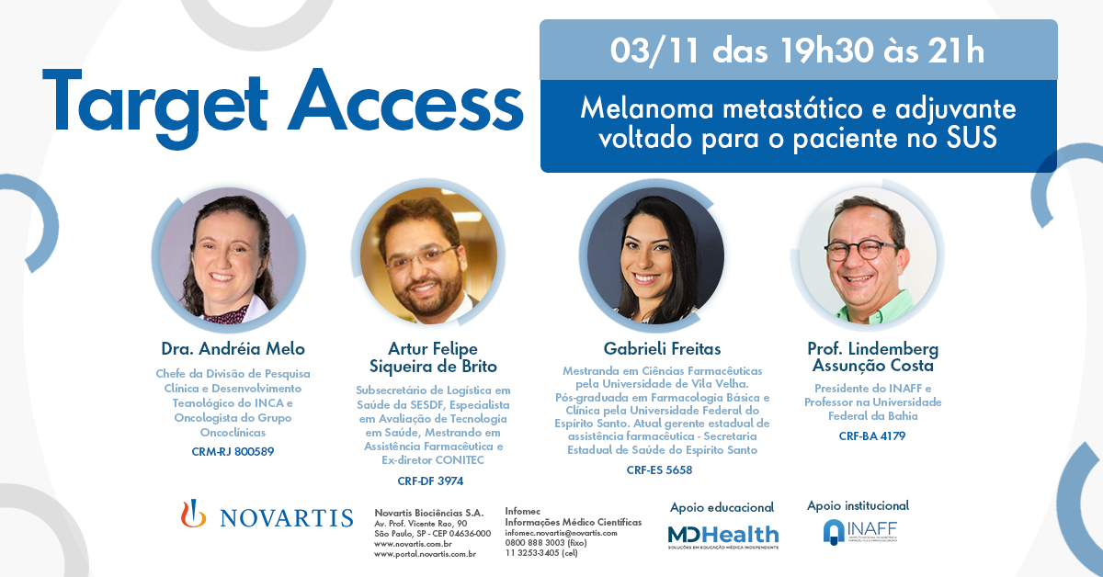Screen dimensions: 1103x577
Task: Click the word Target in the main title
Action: pos(155,107)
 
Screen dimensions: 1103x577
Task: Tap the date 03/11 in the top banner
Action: pos(654,51)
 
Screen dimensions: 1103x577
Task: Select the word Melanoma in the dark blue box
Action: pos(647,108)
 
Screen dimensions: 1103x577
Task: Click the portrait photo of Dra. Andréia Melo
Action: pos(229,256)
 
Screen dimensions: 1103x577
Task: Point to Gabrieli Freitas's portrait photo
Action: pos(655,256)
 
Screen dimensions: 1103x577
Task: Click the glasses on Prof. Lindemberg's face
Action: pos(865,250)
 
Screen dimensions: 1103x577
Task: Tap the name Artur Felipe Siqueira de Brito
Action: pos(433,357)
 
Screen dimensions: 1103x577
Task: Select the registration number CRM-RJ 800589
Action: pos(233,451)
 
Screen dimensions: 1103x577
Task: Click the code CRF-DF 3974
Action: pos(430,481)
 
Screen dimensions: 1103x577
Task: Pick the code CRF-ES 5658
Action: pos(659,470)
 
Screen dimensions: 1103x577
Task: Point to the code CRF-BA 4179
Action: pos(872,436)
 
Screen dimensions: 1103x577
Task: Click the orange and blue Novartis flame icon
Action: pos(193,514)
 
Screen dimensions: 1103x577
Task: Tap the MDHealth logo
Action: pos(722,537)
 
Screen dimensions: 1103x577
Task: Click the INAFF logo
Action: pos(860,532)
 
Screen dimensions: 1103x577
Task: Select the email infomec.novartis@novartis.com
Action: pos(561,533)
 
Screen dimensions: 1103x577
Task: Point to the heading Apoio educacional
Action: pos(722,507)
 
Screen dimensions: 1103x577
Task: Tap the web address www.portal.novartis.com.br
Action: pos(425,554)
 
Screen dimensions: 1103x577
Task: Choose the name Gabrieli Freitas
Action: pos(663,348)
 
